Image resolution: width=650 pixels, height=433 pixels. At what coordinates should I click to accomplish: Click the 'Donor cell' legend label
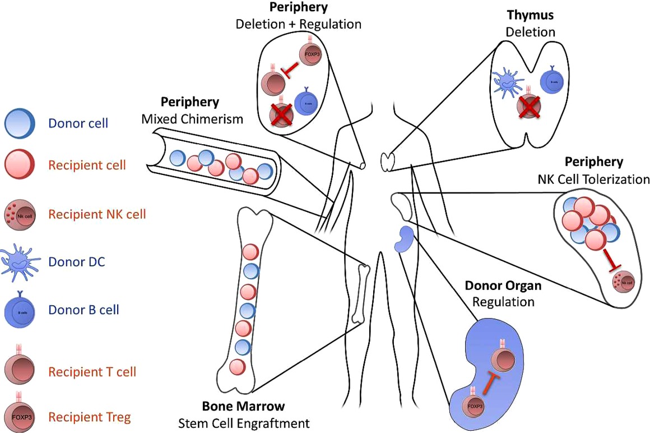[78, 123]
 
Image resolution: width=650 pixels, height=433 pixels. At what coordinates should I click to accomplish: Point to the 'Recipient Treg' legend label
[89, 417]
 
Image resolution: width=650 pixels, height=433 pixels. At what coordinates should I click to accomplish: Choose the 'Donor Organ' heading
[503, 286]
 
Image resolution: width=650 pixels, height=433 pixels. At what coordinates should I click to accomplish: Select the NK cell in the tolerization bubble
[624, 279]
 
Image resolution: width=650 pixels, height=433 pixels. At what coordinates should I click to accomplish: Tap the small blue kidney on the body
[402, 239]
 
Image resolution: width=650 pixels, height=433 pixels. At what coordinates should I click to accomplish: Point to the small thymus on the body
[387, 161]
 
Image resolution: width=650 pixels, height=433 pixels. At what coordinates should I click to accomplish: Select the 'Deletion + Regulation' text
[299, 24]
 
